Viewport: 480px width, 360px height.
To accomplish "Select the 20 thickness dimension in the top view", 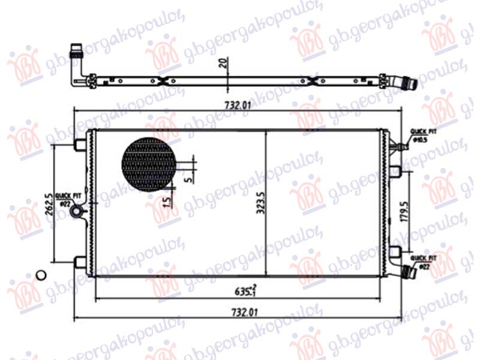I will coord(223,64).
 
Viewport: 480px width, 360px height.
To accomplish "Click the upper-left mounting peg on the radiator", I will coord(79,145).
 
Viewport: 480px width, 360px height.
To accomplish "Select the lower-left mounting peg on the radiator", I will coord(79,261).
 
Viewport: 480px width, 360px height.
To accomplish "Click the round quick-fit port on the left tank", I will coord(77,211).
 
